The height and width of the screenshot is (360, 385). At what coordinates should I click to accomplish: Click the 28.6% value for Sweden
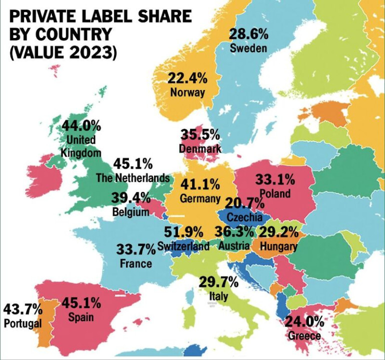click(x=248, y=34)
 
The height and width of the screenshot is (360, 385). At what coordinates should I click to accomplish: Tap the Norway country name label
click(x=187, y=92)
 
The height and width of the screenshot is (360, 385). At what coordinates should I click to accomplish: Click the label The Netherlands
click(x=133, y=178)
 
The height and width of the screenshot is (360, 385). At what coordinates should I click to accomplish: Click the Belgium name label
click(x=131, y=212)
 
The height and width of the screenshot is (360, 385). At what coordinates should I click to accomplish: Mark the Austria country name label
click(x=234, y=246)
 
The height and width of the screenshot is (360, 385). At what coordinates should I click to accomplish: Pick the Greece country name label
click(x=304, y=335)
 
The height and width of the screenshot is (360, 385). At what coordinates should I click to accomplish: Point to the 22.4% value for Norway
click(x=187, y=78)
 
